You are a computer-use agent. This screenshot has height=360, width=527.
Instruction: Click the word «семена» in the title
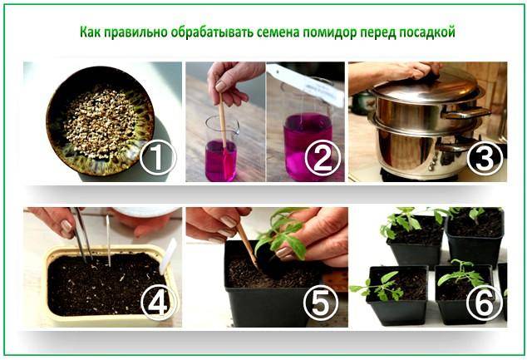(x=278, y=32)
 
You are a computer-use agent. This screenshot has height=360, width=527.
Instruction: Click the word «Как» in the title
(x=91, y=32)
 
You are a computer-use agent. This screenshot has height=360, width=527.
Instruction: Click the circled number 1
(x=158, y=157)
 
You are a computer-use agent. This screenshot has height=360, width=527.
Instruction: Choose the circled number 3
(x=485, y=158)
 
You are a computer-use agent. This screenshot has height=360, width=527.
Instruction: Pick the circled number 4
(x=159, y=303)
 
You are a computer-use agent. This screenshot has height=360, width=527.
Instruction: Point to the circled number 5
(x=322, y=303)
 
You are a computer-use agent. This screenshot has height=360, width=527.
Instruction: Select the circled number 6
(x=485, y=303)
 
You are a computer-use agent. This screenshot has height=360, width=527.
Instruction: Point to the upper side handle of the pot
(x=465, y=113)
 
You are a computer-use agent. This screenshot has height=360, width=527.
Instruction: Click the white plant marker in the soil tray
(x=167, y=256)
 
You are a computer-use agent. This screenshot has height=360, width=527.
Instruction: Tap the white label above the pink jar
(x=307, y=84)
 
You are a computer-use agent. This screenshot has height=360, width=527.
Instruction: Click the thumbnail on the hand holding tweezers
(x=66, y=226)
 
